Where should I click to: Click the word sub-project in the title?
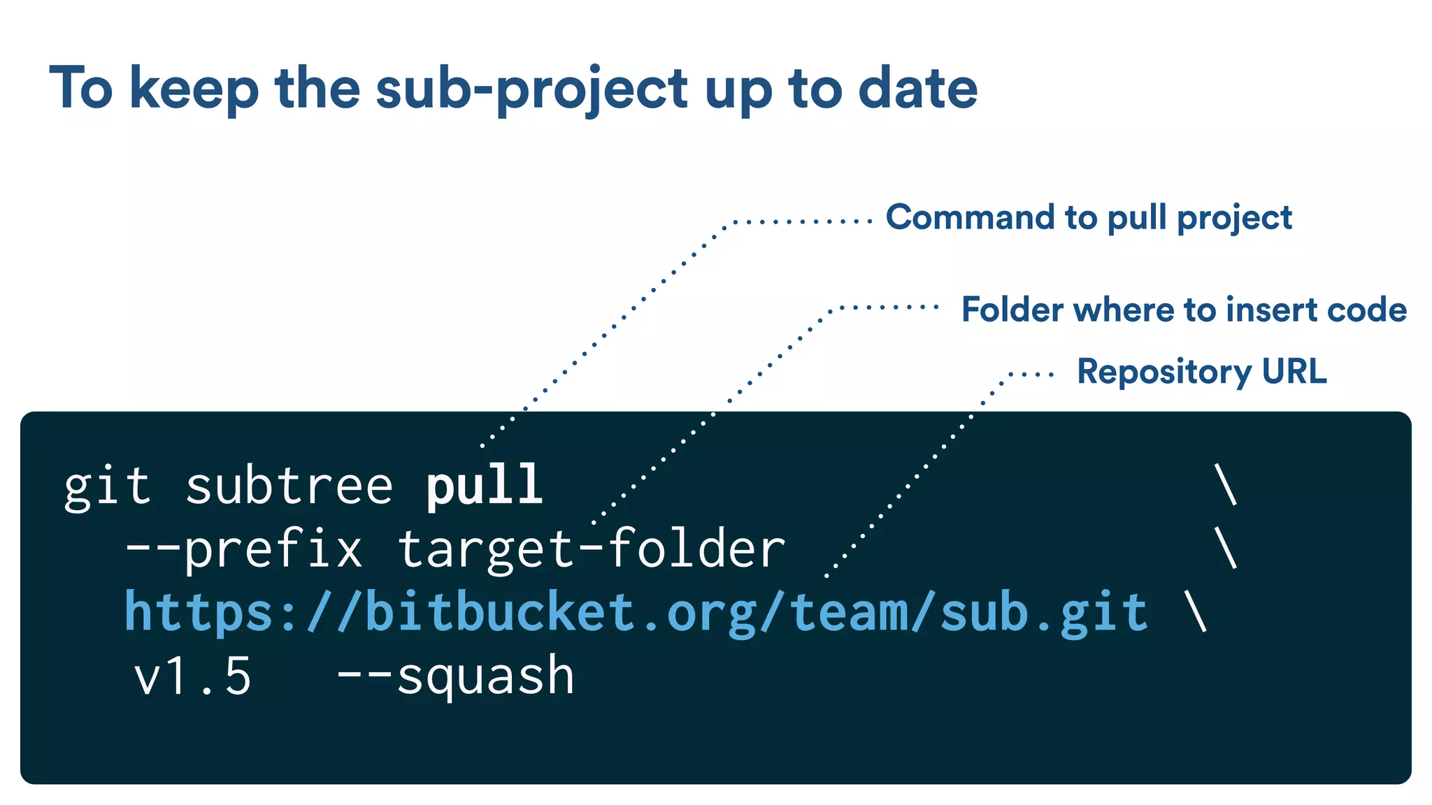(531, 89)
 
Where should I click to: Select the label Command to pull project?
(1089, 218)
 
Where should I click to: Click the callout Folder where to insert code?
(1184, 310)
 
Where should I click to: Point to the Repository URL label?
(1201, 372)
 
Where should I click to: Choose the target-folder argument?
(592, 549)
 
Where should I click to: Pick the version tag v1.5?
(192, 676)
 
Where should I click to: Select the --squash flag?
(455, 676)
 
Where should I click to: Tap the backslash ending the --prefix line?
(1226, 548)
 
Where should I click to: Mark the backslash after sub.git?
(1196, 611)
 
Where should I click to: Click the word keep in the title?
(194, 89)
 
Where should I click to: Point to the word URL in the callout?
(1294, 372)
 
